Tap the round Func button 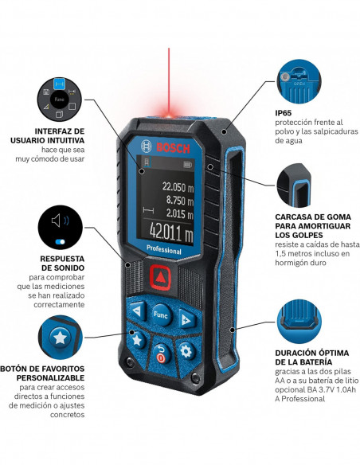162,312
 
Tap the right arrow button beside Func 187,319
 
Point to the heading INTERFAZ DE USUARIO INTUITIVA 56,136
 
